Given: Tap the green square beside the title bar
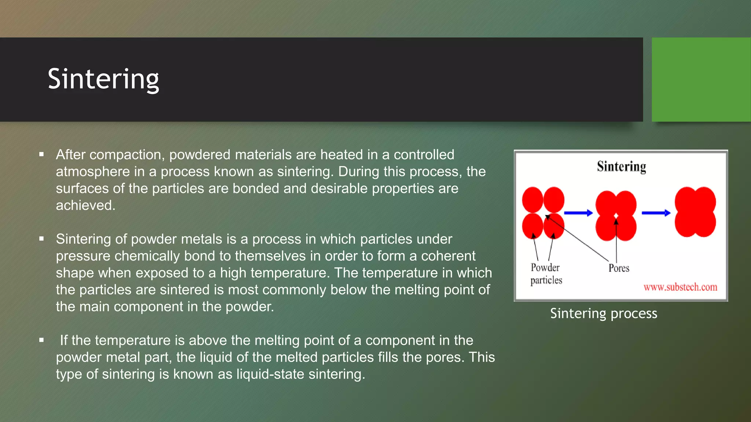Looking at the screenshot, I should [x=701, y=79].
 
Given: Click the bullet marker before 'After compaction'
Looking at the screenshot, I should [x=41, y=155].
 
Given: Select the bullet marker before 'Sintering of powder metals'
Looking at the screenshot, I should [x=41, y=239].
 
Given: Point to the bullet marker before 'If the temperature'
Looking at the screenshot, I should [x=41, y=340].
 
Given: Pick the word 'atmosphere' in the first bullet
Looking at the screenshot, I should [x=94, y=172].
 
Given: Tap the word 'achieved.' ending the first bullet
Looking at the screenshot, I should [x=85, y=206].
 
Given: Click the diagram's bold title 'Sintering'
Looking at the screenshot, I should [x=621, y=166].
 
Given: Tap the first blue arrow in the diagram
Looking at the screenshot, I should [x=578, y=213].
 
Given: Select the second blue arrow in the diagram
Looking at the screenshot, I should [x=656, y=213].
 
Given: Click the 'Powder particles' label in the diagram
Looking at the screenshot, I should [x=546, y=274].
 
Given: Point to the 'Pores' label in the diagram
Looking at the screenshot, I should [x=619, y=268].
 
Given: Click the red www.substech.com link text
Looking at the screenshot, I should [x=680, y=287].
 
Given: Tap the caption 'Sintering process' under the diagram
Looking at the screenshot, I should [x=604, y=314].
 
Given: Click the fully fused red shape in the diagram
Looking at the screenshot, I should [x=695, y=212].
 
